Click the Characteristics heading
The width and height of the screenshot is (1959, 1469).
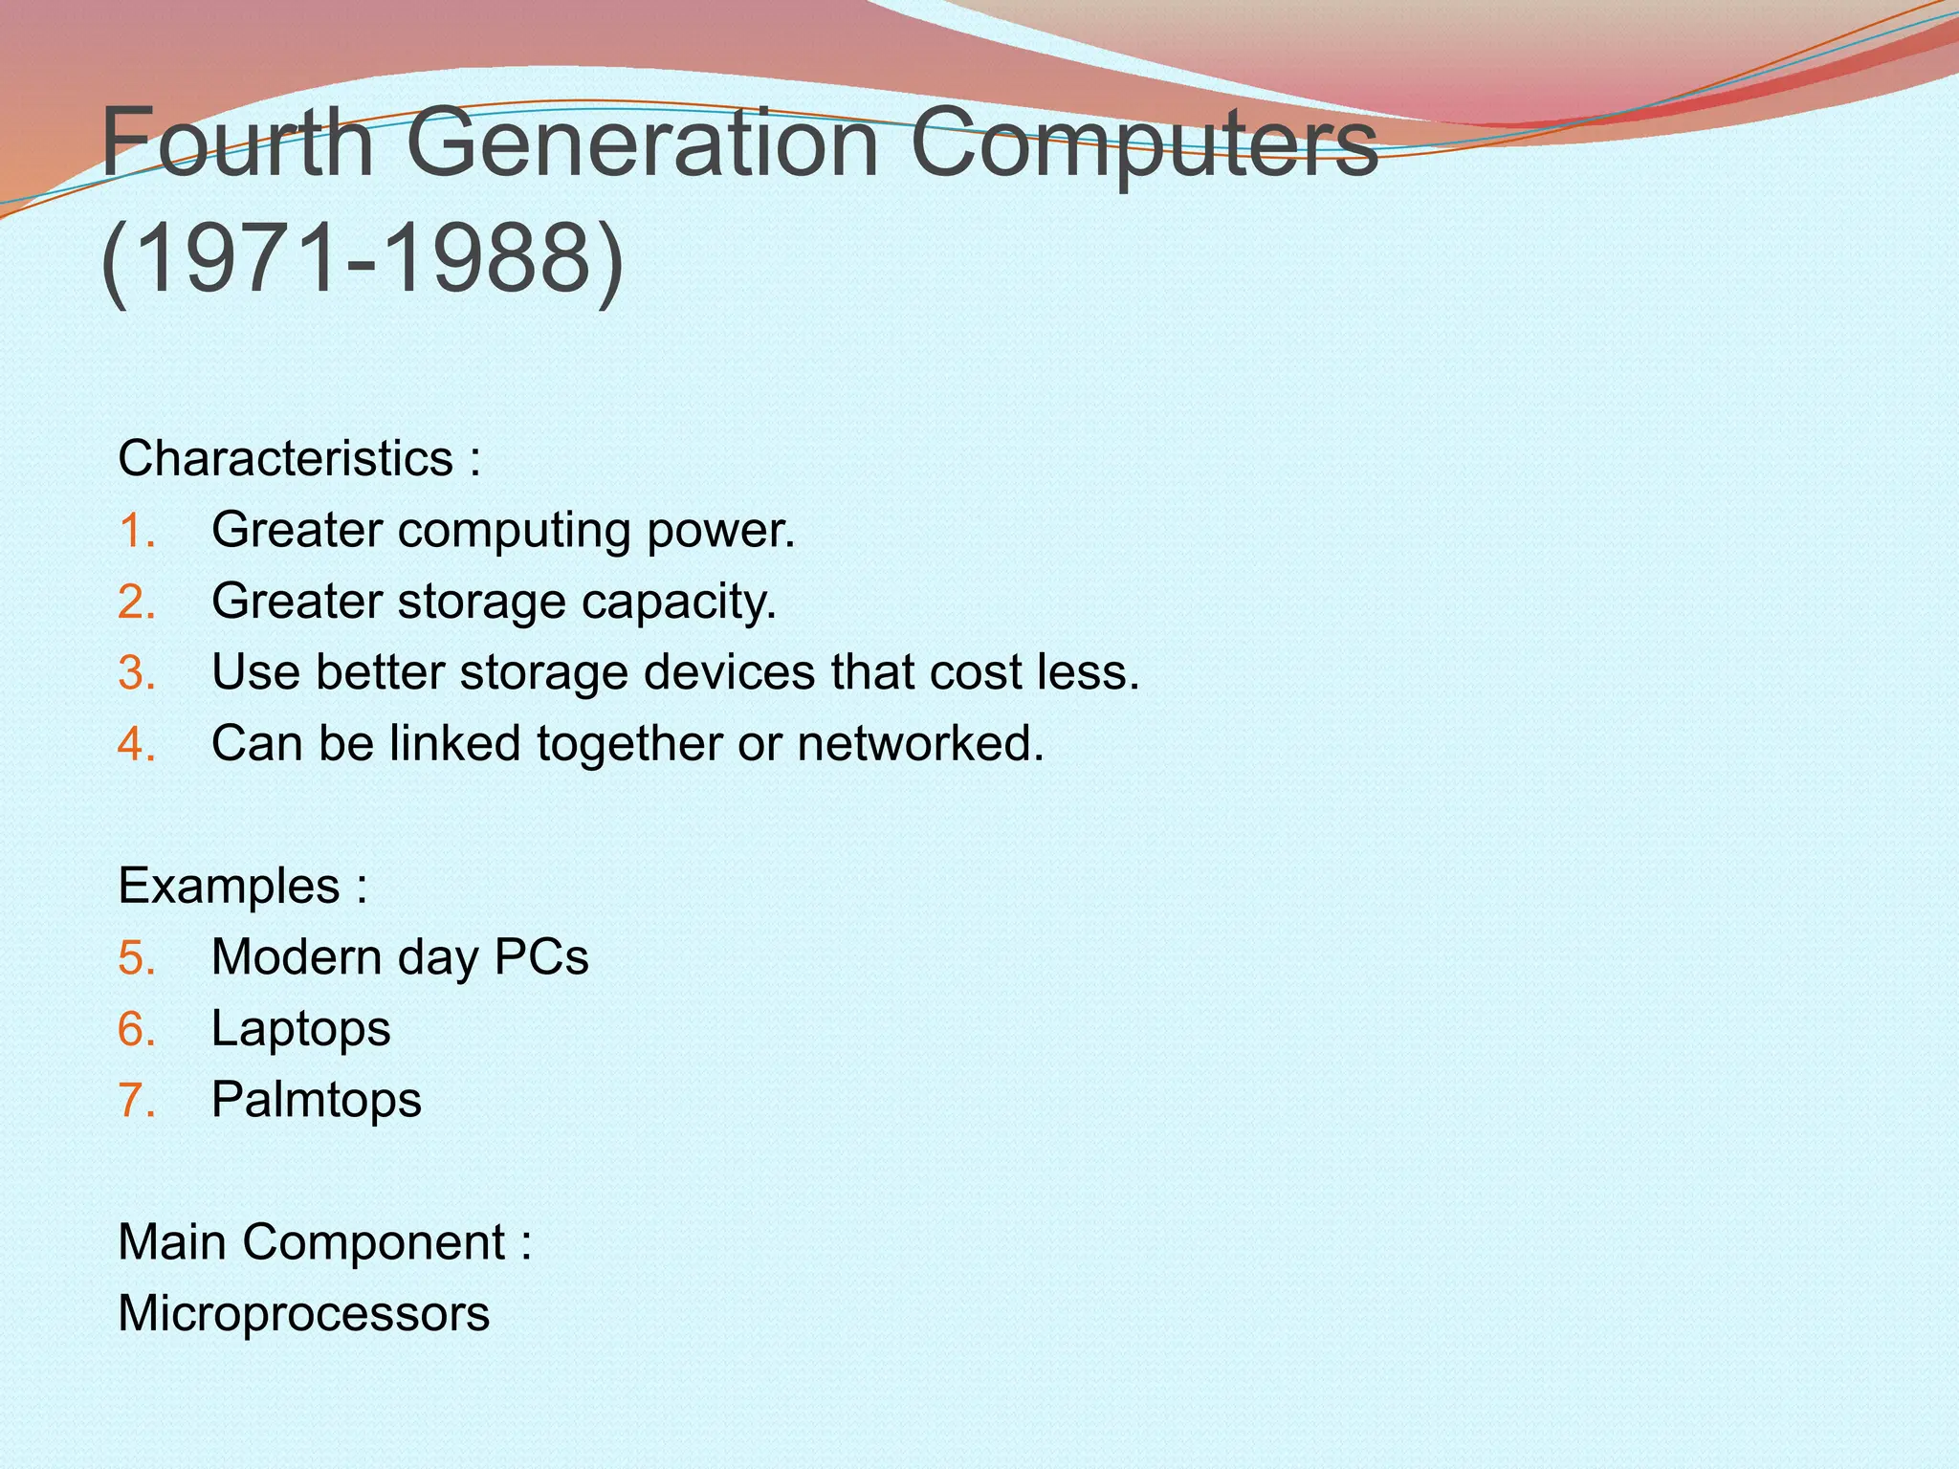[285, 458]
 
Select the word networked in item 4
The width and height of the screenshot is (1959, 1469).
[920, 743]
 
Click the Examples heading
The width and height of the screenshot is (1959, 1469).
[229, 886]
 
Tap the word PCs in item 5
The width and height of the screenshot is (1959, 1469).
[541, 956]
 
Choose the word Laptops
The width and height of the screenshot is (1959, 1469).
[300, 1029]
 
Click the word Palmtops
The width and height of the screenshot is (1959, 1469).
[316, 1100]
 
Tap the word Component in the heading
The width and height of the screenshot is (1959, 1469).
[374, 1243]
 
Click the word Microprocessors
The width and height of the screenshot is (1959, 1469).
[303, 1314]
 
